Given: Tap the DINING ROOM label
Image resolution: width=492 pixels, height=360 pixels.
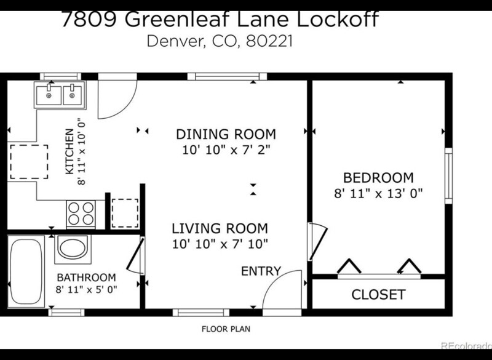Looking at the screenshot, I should pos(226,134).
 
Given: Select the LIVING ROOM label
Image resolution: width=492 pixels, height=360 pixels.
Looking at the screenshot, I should pos(220,228).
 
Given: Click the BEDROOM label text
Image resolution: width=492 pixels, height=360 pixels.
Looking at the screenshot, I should pos(378,178).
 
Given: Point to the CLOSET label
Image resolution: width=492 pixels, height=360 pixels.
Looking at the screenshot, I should pos(378,295).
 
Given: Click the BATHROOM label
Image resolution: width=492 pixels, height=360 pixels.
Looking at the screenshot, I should pos(86,277).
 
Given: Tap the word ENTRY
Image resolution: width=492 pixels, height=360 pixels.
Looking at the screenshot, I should pos(261,271).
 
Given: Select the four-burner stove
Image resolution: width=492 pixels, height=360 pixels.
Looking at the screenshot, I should pos(81,214).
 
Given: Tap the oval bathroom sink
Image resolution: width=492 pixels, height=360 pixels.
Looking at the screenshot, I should pos(73,247).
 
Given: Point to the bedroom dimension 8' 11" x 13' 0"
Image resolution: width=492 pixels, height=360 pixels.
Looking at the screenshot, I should pos(378,193).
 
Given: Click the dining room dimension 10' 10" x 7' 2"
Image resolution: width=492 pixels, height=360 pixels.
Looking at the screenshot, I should pos(226,150).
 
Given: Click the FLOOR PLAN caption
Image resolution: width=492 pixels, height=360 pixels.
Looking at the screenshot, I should pos(226,329).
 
